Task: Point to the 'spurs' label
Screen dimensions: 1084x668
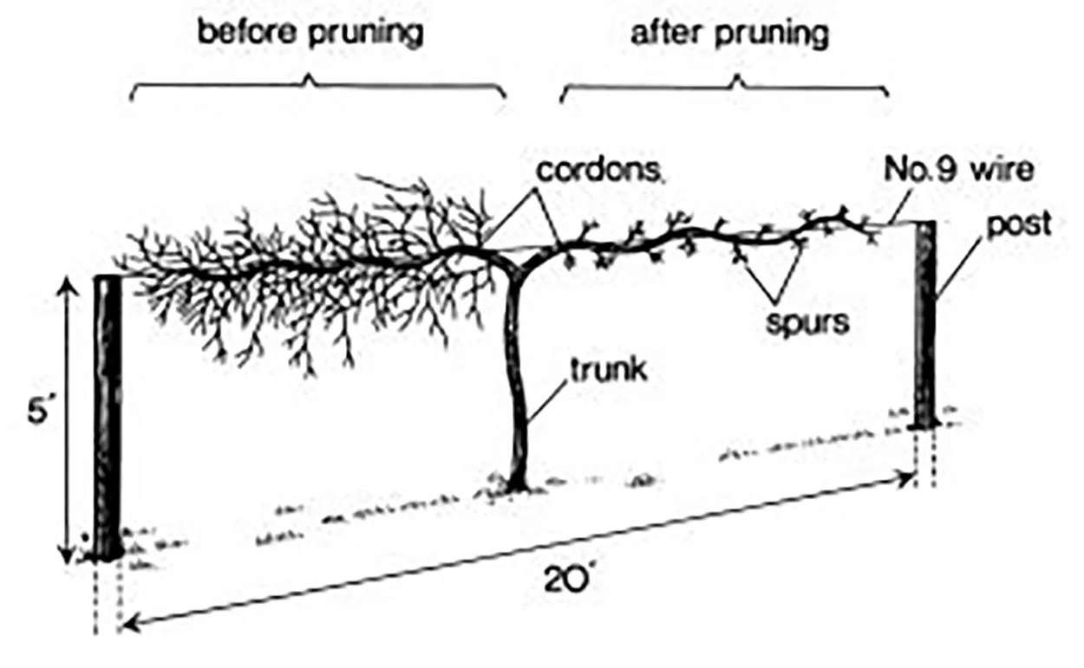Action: pyautogui.click(x=807, y=323)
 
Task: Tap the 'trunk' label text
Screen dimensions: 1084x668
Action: pyautogui.click(x=608, y=370)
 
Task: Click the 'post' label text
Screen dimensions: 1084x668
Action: pyautogui.click(x=1019, y=226)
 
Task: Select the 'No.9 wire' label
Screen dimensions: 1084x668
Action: pyautogui.click(x=958, y=170)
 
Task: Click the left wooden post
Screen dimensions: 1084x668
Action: pyautogui.click(x=108, y=418)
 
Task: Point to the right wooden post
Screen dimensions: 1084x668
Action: pyautogui.click(x=925, y=324)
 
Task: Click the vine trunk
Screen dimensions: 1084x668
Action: pyautogui.click(x=518, y=382)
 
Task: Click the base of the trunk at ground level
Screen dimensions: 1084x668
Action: pyautogui.click(x=517, y=487)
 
